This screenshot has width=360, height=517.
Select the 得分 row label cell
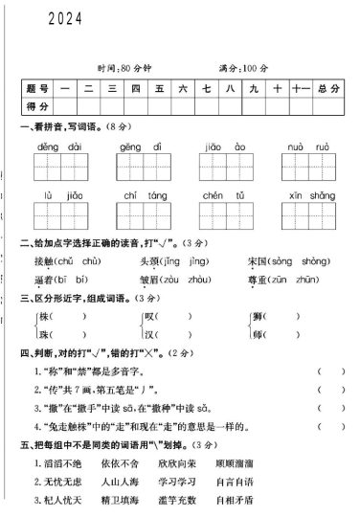click(x=36, y=105)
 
